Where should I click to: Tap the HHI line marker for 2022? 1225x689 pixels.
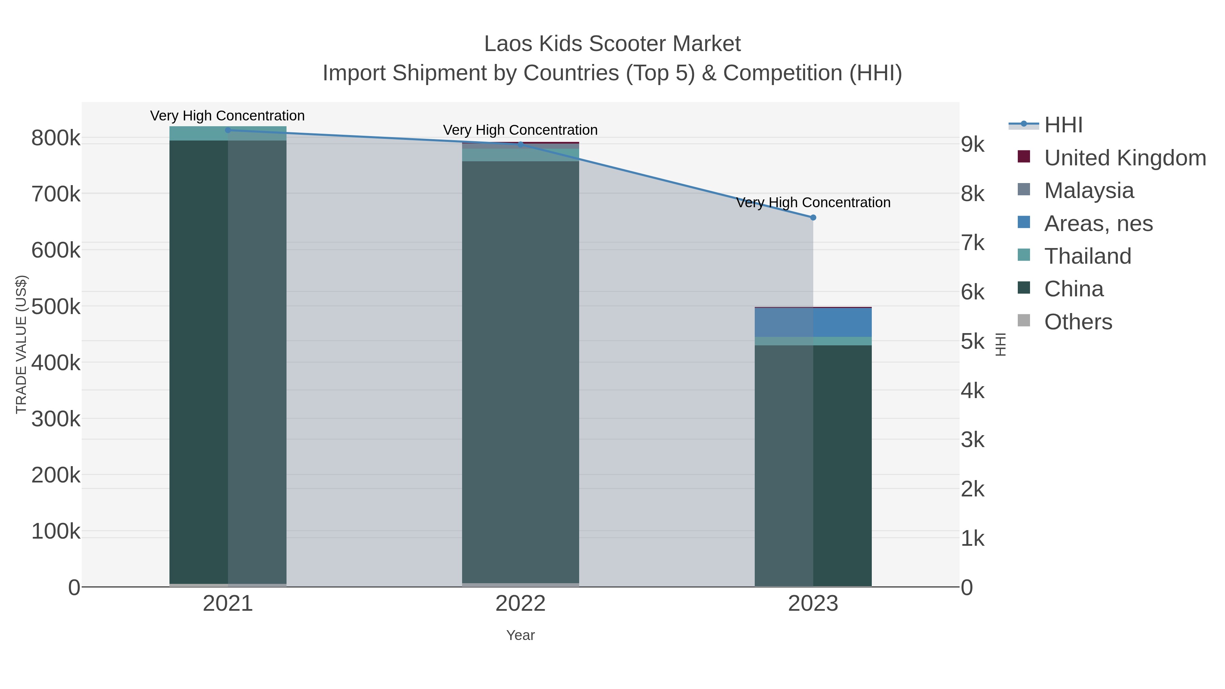pyautogui.click(x=520, y=144)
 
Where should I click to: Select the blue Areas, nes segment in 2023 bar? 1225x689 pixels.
pyautogui.click(x=813, y=323)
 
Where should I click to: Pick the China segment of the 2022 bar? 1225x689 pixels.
pyautogui.click(x=520, y=371)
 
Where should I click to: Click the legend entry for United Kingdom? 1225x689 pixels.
pyautogui.click(x=1125, y=158)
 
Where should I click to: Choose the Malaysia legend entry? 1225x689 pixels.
pyautogui.click(x=1089, y=191)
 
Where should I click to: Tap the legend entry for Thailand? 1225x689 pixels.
pyautogui.click(x=1087, y=256)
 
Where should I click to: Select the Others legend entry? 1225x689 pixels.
pyautogui.click(x=1078, y=322)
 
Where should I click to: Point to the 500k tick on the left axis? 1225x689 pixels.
pyautogui.click(x=56, y=307)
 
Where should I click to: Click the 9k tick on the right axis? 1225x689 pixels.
pyautogui.click(x=973, y=145)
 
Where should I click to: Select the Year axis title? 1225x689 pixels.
pyautogui.click(x=520, y=635)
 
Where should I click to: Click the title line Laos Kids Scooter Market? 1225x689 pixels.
pyautogui.click(x=612, y=44)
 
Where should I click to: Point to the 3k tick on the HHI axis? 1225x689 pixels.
pyautogui.click(x=973, y=440)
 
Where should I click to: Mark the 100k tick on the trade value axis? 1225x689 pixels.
pyautogui.click(x=56, y=531)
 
